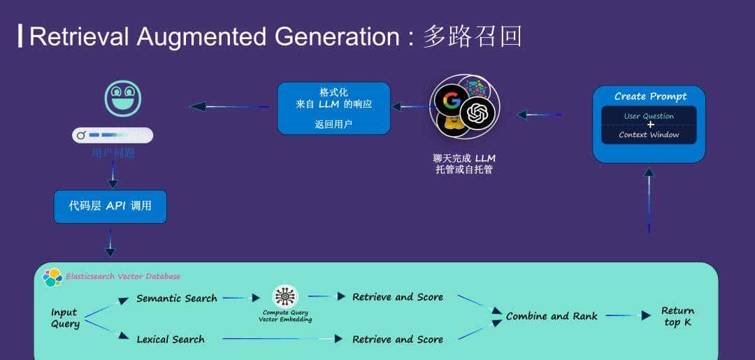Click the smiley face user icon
[x=122, y=99]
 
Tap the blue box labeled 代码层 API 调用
[x=110, y=206]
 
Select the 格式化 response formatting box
[x=333, y=108]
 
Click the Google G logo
[x=451, y=101]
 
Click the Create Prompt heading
[x=649, y=96]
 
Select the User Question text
[x=649, y=116]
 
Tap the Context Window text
[x=649, y=135]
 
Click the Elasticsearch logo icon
[x=52, y=278]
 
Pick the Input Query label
[x=65, y=318]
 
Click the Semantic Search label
[x=177, y=298]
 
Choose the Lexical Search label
[x=171, y=340]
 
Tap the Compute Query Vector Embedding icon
[x=285, y=296]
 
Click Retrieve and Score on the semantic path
[x=398, y=297]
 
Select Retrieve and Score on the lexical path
[x=398, y=340]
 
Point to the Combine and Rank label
[x=552, y=316]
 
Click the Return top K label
[x=677, y=316]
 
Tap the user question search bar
[x=113, y=135]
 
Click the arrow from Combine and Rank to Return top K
[x=628, y=316]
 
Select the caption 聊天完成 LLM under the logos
[x=464, y=158]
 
